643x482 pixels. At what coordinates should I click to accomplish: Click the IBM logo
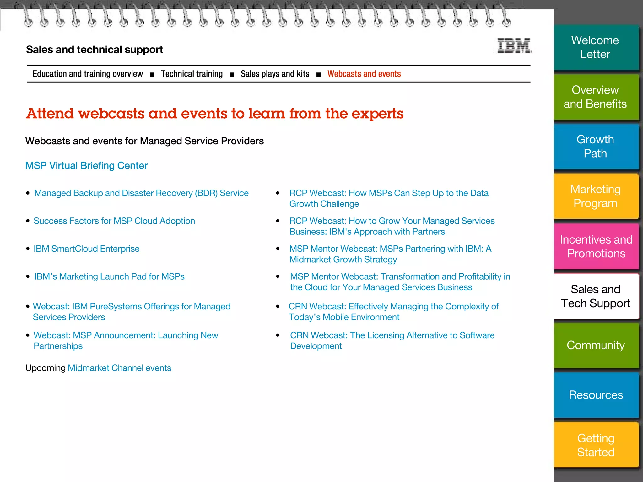tap(514, 46)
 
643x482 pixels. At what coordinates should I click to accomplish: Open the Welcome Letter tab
tap(595, 47)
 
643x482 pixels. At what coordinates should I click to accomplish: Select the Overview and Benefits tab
tap(595, 97)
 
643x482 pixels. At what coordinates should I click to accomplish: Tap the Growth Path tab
tap(595, 147)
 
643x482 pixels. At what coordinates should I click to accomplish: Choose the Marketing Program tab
tap(595, 196)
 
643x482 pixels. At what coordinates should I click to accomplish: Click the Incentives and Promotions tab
tap(596, 246)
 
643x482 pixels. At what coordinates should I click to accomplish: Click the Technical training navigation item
tap(192, 74)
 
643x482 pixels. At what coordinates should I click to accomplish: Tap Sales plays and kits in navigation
tap(275, 74)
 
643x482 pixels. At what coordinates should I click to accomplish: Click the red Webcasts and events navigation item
tap(364, 74)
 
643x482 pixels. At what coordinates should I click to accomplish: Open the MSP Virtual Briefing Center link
tap(86, 166)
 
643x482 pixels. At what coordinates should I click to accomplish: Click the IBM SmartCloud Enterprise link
tap(86, 249)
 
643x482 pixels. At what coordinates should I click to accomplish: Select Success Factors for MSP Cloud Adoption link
tap(114, 221)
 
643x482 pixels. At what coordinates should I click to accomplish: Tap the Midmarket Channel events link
tap(120, 368)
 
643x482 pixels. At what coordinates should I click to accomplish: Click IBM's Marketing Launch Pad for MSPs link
tap(109, 277)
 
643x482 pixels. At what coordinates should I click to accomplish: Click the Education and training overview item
tap(88, 74)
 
